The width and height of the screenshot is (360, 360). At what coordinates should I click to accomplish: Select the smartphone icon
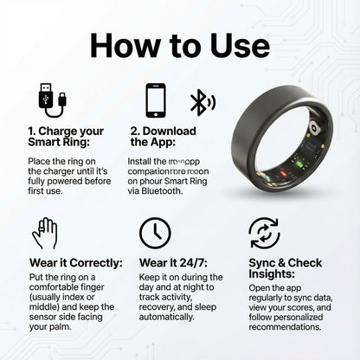coord(156,100)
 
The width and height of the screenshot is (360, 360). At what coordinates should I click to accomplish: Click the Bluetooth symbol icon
coord(201,101)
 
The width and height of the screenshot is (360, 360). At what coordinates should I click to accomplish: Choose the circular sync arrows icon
coord(262,233)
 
